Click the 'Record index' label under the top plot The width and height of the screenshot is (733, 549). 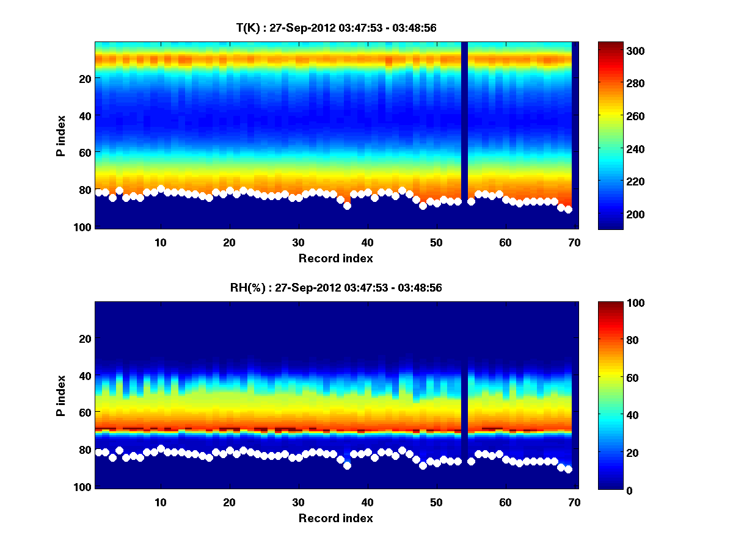point(335,259)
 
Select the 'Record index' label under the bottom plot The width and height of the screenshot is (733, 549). point(335,518)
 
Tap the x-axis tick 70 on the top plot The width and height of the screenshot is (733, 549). point(574,242)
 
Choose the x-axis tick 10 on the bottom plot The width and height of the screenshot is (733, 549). point(161,502)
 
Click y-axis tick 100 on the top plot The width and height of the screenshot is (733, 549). point(85,227)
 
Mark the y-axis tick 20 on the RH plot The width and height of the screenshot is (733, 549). point(85,339)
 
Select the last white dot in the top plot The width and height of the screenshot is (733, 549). point(568,210)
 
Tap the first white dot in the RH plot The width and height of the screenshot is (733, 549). point(99,452)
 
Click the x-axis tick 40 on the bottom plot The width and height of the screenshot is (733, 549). point(368,502)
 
